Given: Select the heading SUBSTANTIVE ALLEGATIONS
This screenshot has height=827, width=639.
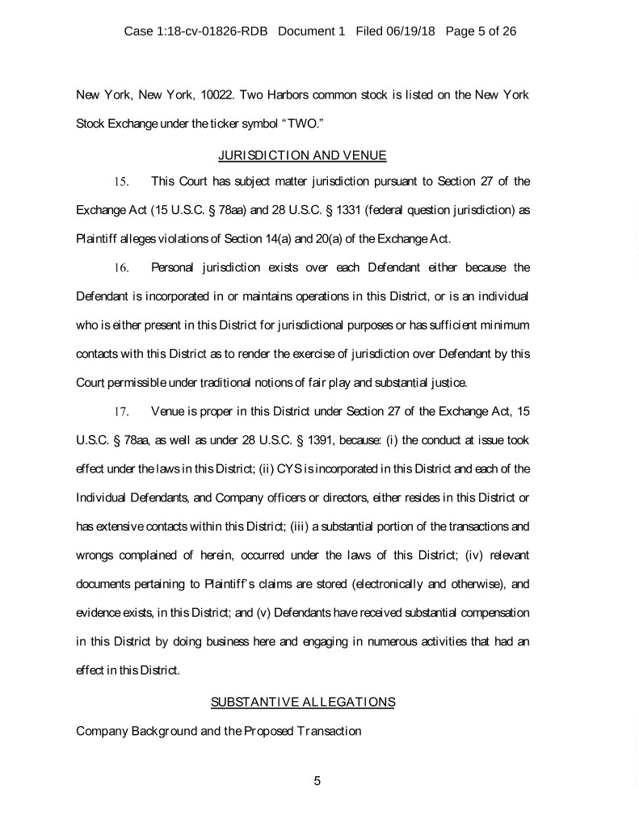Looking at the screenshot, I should pos(302,702).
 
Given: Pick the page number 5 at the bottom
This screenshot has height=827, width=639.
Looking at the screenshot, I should pos(317,781).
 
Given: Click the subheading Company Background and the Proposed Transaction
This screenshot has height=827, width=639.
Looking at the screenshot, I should pos(217,731).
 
